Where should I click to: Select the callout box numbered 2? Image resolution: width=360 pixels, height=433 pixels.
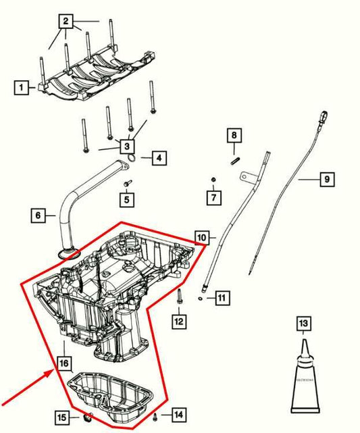[66, 22]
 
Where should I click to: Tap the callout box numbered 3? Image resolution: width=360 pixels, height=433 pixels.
[126, 145]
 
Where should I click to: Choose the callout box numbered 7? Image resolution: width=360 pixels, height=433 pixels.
[214, 197]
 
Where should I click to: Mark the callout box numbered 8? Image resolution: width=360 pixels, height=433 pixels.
[234, 136]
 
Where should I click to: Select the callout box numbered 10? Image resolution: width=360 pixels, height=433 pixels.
[202, 237]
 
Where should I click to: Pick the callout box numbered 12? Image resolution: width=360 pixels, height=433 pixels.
[178, 322]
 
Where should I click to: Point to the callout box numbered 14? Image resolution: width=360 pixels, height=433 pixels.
[178, 414]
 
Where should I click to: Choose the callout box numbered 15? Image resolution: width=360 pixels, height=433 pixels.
[62, 416]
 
